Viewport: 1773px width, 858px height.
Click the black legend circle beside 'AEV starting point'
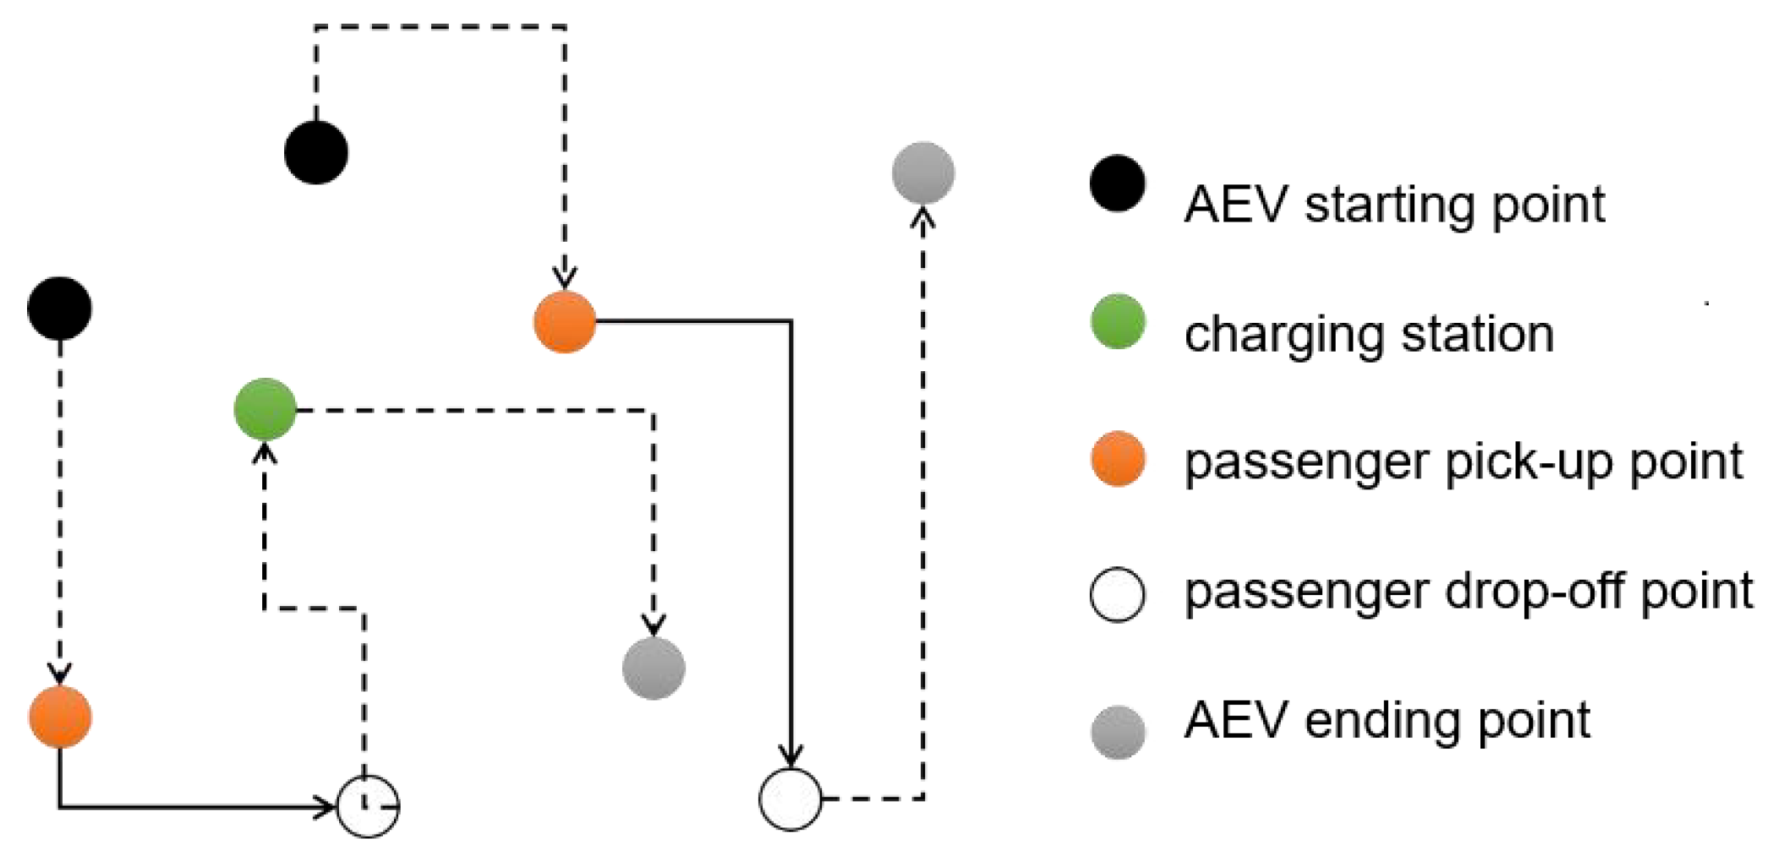click(1118, 183)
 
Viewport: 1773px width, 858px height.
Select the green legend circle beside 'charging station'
click(1118, 321)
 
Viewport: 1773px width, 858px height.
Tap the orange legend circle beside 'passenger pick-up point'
click(1118, 459)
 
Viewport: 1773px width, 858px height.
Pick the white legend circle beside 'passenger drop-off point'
click(1118, 594)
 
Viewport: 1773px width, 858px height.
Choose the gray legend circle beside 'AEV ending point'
click(1118, 732)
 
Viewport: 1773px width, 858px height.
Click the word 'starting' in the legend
click(1391, 206)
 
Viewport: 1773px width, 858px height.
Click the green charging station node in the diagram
click(265, 410)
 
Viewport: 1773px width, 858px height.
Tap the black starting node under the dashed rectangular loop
click(316, 153)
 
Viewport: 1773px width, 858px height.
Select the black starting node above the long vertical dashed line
click(60, 309)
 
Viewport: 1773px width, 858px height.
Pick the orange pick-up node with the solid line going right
click(565, 321)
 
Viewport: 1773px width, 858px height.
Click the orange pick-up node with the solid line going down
click(60, 717)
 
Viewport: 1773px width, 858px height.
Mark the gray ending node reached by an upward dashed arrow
click(923, 173)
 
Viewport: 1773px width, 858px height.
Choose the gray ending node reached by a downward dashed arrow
click(654, 668)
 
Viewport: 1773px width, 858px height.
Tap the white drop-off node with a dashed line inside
click(368, 806)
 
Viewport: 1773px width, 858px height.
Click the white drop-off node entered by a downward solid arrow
click(791, 799)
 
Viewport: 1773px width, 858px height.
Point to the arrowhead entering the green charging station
click(265, 452)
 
